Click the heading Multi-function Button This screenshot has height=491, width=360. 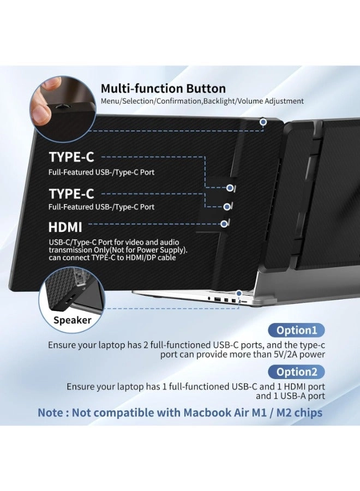(163, 89)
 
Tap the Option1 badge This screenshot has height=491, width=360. (296, 330)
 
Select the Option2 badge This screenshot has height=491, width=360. (296, 372)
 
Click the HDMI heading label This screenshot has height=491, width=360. (65, 227)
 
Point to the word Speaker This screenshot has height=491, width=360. (72, 320)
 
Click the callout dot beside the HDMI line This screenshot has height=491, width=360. (224, 223)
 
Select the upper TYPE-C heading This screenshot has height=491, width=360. (71, 157)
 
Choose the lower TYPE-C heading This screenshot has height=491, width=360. (71, 194)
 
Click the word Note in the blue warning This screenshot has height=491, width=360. (51, 412)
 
